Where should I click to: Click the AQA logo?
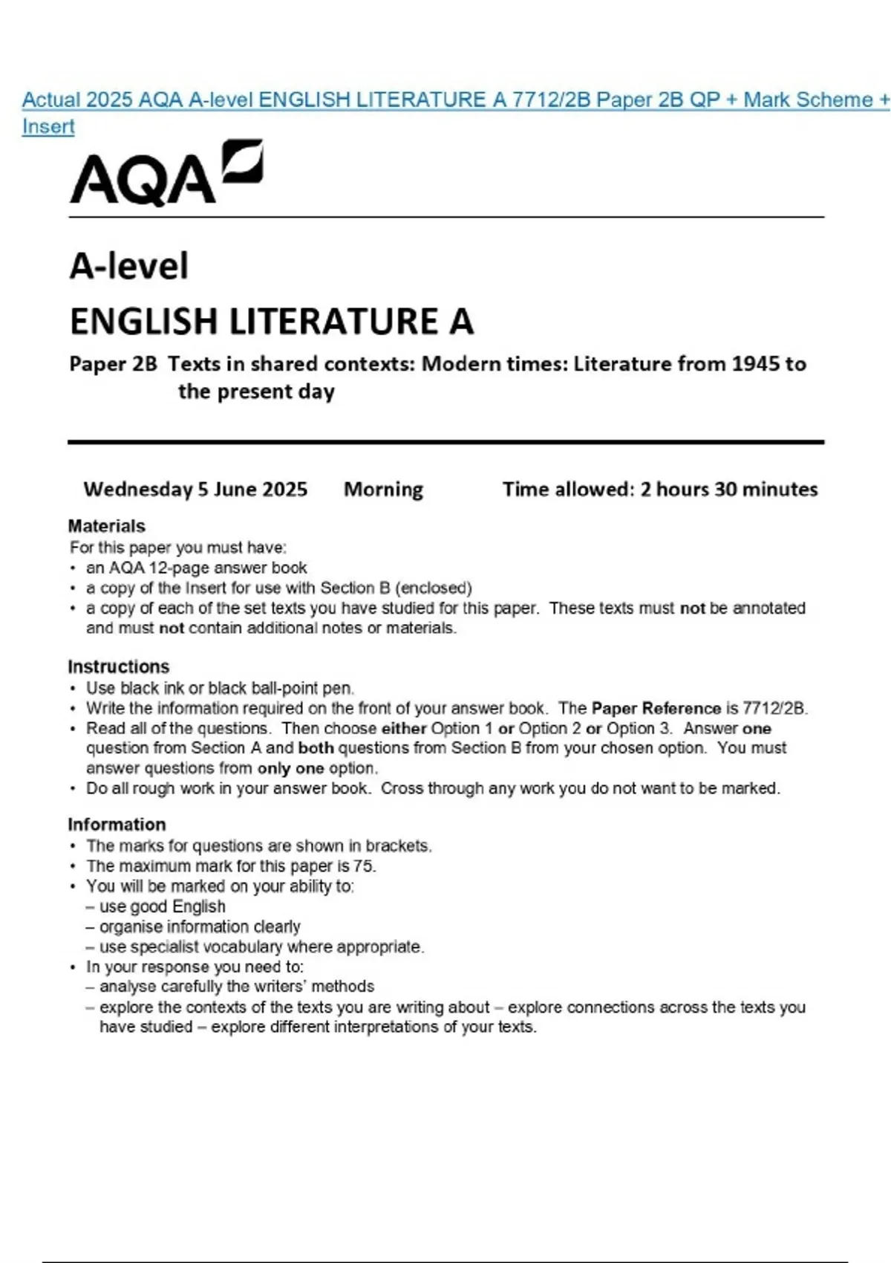tap(165, 173)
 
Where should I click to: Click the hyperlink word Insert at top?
tap(48, 126)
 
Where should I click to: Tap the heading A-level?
tap(129, 266)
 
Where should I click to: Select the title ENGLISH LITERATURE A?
tap(271, 322)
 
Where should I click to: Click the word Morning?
tap(383, 490)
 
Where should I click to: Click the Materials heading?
tap(106, 526)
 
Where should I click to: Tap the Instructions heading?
tap(118, 666)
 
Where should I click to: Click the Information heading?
tap(117, 825)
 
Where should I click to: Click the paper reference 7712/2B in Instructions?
tap(774, 708)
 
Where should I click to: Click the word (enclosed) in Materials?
tap(434, 588)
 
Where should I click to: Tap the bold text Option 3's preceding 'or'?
tap(593, 728)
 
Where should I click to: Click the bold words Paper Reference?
tap(656, 708)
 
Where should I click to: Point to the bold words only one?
tap(290, 768)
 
